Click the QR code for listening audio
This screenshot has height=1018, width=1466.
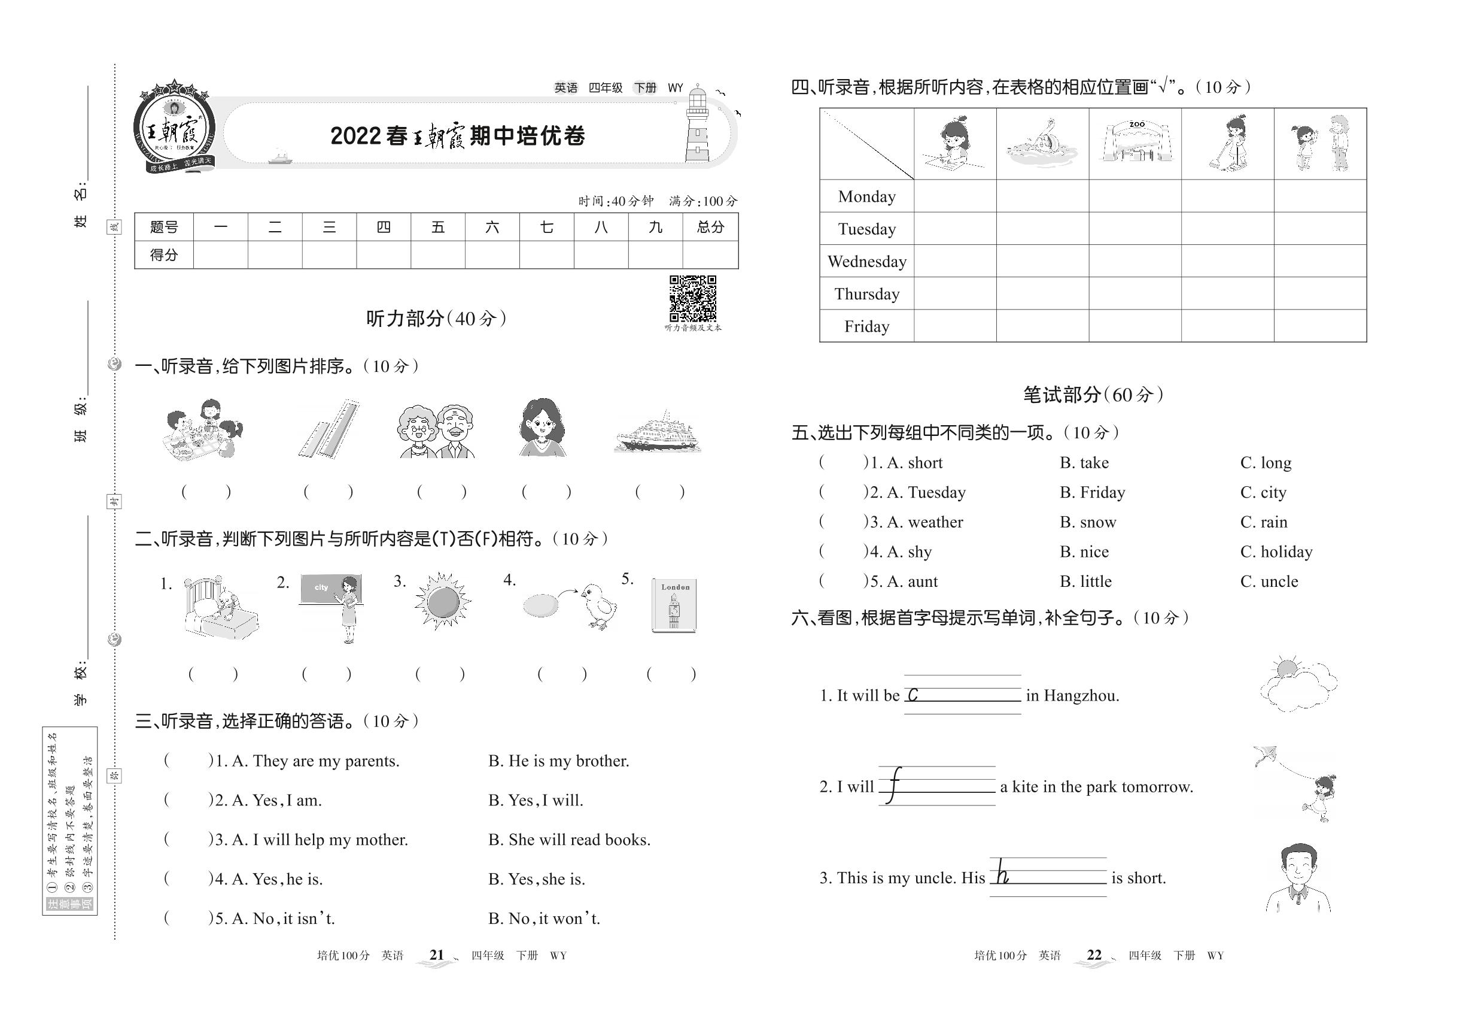[692, 298]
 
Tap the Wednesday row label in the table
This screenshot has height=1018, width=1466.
[867, 262]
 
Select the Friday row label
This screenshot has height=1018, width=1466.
[866, 326]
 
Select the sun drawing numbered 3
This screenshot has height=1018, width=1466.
[442, 601]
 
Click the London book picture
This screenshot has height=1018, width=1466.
[674, 605]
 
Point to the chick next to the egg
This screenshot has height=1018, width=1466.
[599, 605]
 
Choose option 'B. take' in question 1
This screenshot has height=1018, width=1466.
[1084, 463]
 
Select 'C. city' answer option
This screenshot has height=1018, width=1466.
[1263, 492]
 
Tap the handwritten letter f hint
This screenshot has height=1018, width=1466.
[894, 785]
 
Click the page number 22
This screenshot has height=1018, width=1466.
[1094, 955]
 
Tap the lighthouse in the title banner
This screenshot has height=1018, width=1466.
[698, 125]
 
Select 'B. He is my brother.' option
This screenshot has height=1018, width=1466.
[558, 761]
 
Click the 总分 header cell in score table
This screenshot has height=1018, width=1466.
[710, 227]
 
